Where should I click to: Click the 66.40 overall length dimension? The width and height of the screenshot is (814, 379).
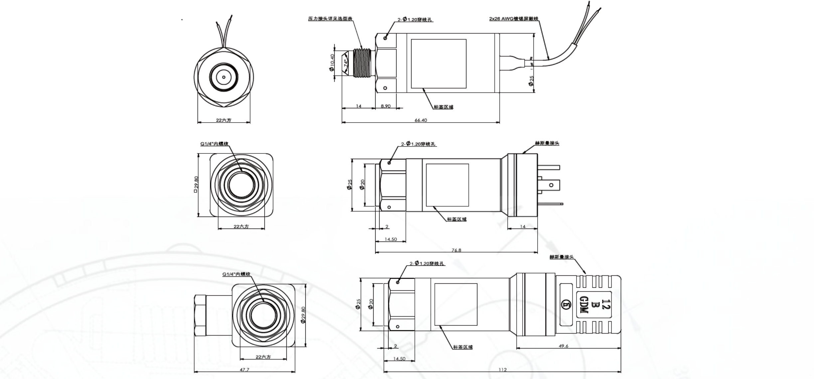[x=420, y=120]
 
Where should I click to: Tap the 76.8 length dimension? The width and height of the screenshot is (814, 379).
[x=456, y=250]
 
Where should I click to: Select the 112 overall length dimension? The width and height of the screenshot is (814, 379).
[x=502, y=370]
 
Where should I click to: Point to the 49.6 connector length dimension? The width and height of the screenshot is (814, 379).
[x=564, y=346]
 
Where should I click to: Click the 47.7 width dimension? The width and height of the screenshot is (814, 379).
[x=244, y=369]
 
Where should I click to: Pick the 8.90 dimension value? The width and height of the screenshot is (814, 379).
[x=386, y=106]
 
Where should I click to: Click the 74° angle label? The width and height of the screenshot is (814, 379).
[x=345, y=63]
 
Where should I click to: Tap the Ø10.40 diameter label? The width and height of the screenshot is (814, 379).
[x=332, y=63]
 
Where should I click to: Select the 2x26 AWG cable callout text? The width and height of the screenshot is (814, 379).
[x=513, y=19]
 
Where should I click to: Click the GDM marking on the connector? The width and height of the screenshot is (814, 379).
[x=583, y=305]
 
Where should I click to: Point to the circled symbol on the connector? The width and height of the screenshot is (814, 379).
[x=566, y=304]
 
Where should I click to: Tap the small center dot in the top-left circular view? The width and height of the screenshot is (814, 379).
[x=224, y=77]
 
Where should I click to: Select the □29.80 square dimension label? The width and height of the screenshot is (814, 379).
[x=196, y=184]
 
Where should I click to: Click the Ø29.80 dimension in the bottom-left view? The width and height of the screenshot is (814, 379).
[x=303, y=315]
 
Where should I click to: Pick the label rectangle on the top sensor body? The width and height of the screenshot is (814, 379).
[x=438, y=63]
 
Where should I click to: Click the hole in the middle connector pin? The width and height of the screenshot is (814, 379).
[x=551, y=185]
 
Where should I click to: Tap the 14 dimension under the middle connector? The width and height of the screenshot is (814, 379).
[x=523, y=226]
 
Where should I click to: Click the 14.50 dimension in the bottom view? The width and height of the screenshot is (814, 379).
[x=399, y=359]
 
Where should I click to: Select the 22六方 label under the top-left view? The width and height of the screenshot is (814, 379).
[x=224, y=120]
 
